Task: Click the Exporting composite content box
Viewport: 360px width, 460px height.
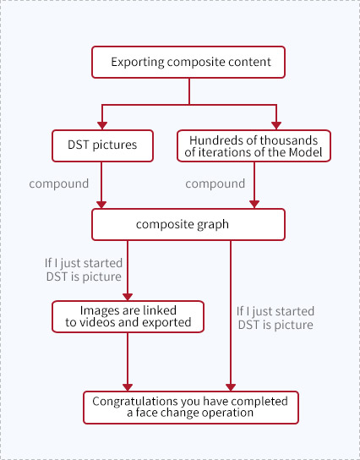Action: pyautogui.click(x=188, y=63)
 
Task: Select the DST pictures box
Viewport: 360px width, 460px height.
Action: pyautogui.click(x=102, y=145)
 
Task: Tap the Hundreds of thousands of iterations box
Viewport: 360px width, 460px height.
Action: pyautogui.click(x=254, y=145)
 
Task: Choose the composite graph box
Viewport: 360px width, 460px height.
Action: pyautogui.click(x=188, y=224)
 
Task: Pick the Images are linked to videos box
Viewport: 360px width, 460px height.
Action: pyautogui.click(x=128, y=316)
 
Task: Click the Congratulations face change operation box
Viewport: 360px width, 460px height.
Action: pyautogui.click(x=191, y=408)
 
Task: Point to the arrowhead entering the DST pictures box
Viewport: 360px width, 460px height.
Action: pyautogui.click(x=102, y=125)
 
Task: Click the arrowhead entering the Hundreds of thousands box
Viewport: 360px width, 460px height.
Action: pyautogui.click(x=276, y=125)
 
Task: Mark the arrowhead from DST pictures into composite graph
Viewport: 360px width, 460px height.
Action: pyautogui.click(x=101, y=205)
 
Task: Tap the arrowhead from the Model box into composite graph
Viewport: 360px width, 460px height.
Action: pyautogui.click(x=254, y=205)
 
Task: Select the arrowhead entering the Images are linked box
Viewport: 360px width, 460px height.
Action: pyautogui.click(x=128, y=297)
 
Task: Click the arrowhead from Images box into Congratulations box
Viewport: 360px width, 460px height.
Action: pyautogui.click(x=128, y=387)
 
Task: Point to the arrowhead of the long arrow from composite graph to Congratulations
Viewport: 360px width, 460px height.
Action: pyautogui.click(x=231, y=387)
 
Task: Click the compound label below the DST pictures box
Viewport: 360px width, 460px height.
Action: pyautogui.click(x=59, y=184)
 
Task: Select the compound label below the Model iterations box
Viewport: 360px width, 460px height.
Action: pyautogui.click(x=215, y=184)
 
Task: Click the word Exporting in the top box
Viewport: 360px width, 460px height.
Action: pyautogui.click(x=138, y=63)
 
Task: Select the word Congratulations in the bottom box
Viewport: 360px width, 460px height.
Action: pyautogui.click(x=135, y=402)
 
